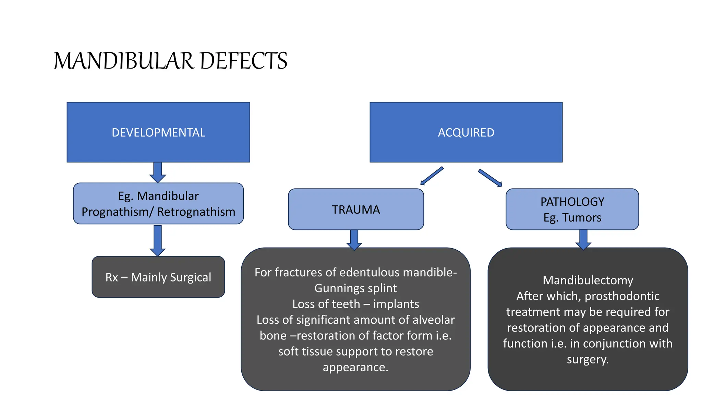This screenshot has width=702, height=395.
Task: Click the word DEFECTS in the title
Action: pyautogui.click(x=243, y=61)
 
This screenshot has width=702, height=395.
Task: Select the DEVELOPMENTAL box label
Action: pyautogui.click(x=158, y=133)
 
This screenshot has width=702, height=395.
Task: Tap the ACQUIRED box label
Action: pyautogui.click(x=466, y=133)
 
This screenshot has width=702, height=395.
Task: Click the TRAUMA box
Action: pyautogui.click(x=356, y=210)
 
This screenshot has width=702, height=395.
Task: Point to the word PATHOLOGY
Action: pyautogui.click(x=572, y=202)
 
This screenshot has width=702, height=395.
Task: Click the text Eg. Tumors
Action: pyautogui.click(x=572, y=218)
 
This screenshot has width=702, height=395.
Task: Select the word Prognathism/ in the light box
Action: pyautogui.click(x=118, y=212)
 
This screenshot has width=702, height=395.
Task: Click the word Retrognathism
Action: pyautogui.click(x=196, y=212)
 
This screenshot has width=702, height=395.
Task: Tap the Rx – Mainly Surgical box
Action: pyautogui.click(x=158, y=277)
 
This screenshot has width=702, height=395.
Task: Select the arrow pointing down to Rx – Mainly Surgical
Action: pyautogui.click(x=158, y=240)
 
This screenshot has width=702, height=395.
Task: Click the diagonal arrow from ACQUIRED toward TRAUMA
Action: pyautogui.click(x=432, y=176)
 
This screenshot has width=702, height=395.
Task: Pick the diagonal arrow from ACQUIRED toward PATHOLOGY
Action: pyautogui.click(x=490, y=178)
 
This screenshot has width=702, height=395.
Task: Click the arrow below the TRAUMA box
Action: pyautogui.click(x=354, y=239)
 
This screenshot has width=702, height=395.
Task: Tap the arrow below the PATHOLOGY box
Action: pyautogui.click(x=583, y=239)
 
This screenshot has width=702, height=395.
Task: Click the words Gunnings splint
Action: pyautogui.click(x=355, y=288)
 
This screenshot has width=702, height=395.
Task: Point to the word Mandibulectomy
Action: pyautogui.click(x=588, y=280)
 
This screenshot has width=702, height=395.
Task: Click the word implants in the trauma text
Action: pyautogui.click(x=396, y=304)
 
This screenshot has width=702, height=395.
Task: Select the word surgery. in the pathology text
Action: pyautogui.click(x=588, y=359)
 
